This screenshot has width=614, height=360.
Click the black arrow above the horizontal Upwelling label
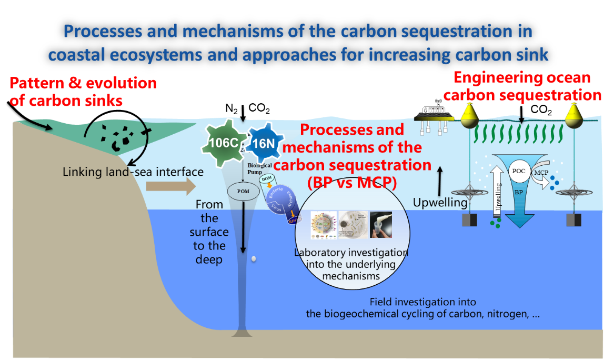(x=440, y=182)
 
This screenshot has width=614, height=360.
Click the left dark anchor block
(x=469, y=219)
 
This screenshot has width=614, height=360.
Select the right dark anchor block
(x=573, y=219)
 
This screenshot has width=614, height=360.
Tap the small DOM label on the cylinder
(x=267, y=180)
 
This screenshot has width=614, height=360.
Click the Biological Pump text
(x=260, y=168)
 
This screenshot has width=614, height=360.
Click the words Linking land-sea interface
(x=133, y=172)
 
